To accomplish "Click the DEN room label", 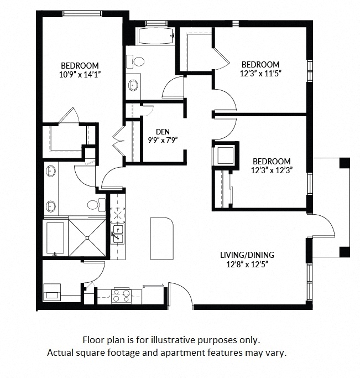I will [162, 131].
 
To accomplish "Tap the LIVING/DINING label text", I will [247, 255].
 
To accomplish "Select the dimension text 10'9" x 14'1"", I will [80, 73].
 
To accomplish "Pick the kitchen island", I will [161, 237].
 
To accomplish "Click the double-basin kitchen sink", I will [118, 234].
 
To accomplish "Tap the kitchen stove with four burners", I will [121, 296].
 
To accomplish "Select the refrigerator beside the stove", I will [153, 293].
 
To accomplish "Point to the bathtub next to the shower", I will [55, 238].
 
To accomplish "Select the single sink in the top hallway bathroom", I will [134, 85].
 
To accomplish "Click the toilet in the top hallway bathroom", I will [138, 61].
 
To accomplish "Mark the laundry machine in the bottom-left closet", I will [54, 292].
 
